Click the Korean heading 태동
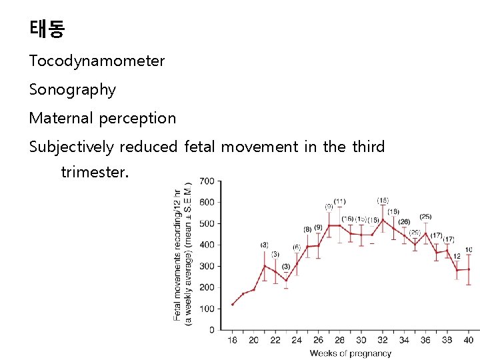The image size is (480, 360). pyautogui.click(x=47, y=29)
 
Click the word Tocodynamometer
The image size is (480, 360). pyautogui.click(x=97, y=61)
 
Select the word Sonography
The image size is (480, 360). pyautogui.click(x=73, y=89)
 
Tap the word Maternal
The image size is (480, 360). pyautogui.click(x=62, y=118)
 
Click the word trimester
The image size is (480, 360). pyautogui.click(x=94, y=171)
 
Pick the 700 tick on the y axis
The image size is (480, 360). pyautogui.click(x=207, y=181)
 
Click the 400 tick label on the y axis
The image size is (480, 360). pyautogui.click(x=207, y=245)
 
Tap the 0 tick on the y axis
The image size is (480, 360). pyautogui.click(x=211, y=329)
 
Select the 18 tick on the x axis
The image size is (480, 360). pyautogui.click(x=232, y=340)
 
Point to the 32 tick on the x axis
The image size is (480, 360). pyautogui.click(x=382, y=340)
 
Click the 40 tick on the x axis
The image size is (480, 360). pyautogui.click(x=468, y=340)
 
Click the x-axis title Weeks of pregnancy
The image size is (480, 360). pyautogui.click(x=351, y=353)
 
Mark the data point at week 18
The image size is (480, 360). pyautogui.click(x=232, y=304)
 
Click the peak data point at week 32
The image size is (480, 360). pyautogui.click(x=382, y=220)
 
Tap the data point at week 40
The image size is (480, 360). pyautogui.click(x=468, y=269)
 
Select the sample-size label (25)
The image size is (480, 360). pyautogui.click(x=425, y=217)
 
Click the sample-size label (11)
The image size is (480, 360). pyautogui.click(x=340, y=201)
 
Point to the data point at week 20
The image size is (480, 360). pyautogui.click(x=253, y=289)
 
